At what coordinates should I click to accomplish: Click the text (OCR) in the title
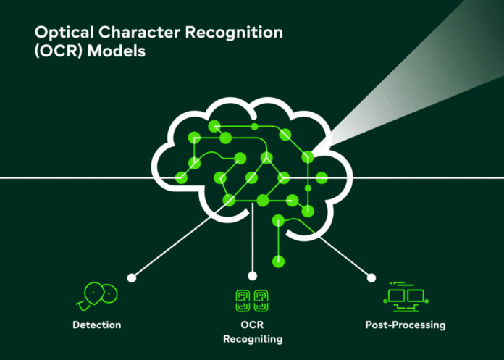click(56, 53)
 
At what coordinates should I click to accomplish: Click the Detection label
click(96, 324)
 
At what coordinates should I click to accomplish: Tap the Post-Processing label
click(406, 324)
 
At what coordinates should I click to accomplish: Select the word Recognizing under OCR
click(252, 338)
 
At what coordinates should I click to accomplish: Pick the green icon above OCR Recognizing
click(252, 299)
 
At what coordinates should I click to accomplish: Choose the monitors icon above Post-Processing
click(405, 294)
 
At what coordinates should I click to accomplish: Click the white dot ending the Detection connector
click(131, 277)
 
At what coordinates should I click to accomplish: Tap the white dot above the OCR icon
click(252, 276)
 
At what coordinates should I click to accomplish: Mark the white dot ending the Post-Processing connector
click(371, 277)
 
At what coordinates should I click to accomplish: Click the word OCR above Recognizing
click(252, 324)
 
